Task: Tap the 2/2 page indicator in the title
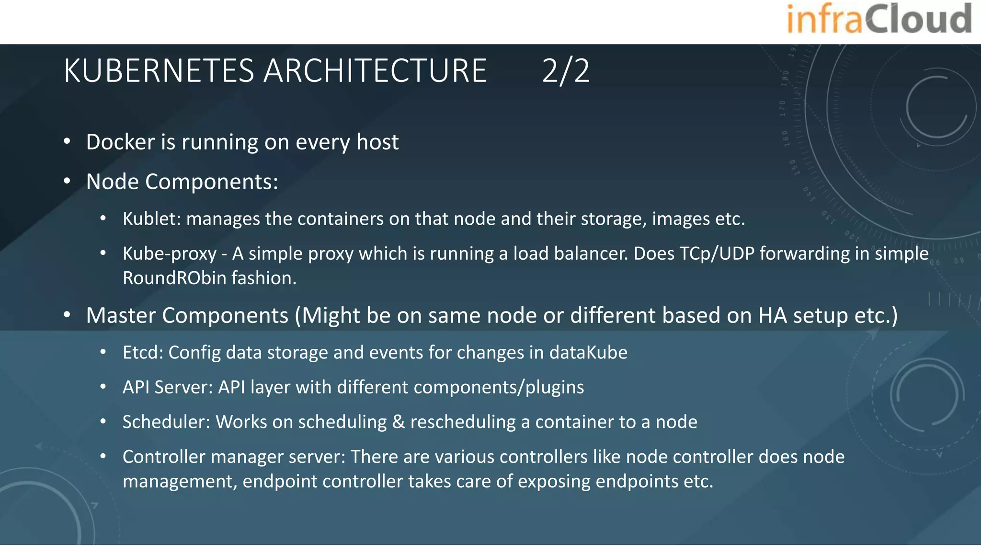point(566,71)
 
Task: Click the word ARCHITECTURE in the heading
point(375,71)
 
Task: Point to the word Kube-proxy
point(170,254)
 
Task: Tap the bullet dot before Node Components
point(67,182)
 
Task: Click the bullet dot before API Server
point(103,387)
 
